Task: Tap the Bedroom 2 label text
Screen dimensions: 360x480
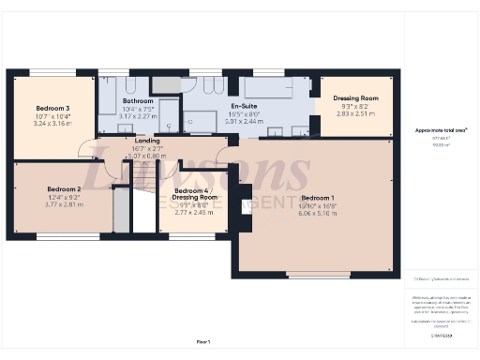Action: click(x=64, y=189)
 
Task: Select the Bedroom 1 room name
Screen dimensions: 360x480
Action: click(x=318, y=198)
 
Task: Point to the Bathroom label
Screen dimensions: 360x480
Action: click(x=137, y=100)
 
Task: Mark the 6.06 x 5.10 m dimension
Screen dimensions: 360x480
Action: click(x=318, y=213)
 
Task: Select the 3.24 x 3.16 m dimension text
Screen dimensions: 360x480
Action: click(x=52, y=123)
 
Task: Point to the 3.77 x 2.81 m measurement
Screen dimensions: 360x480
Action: click(x=64, y=204)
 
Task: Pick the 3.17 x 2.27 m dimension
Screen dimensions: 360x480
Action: click(x=137, y=115)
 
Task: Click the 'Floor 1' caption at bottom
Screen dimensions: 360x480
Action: click(x=203, y=342)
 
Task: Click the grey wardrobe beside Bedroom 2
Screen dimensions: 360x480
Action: click(x=121, y=210)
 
